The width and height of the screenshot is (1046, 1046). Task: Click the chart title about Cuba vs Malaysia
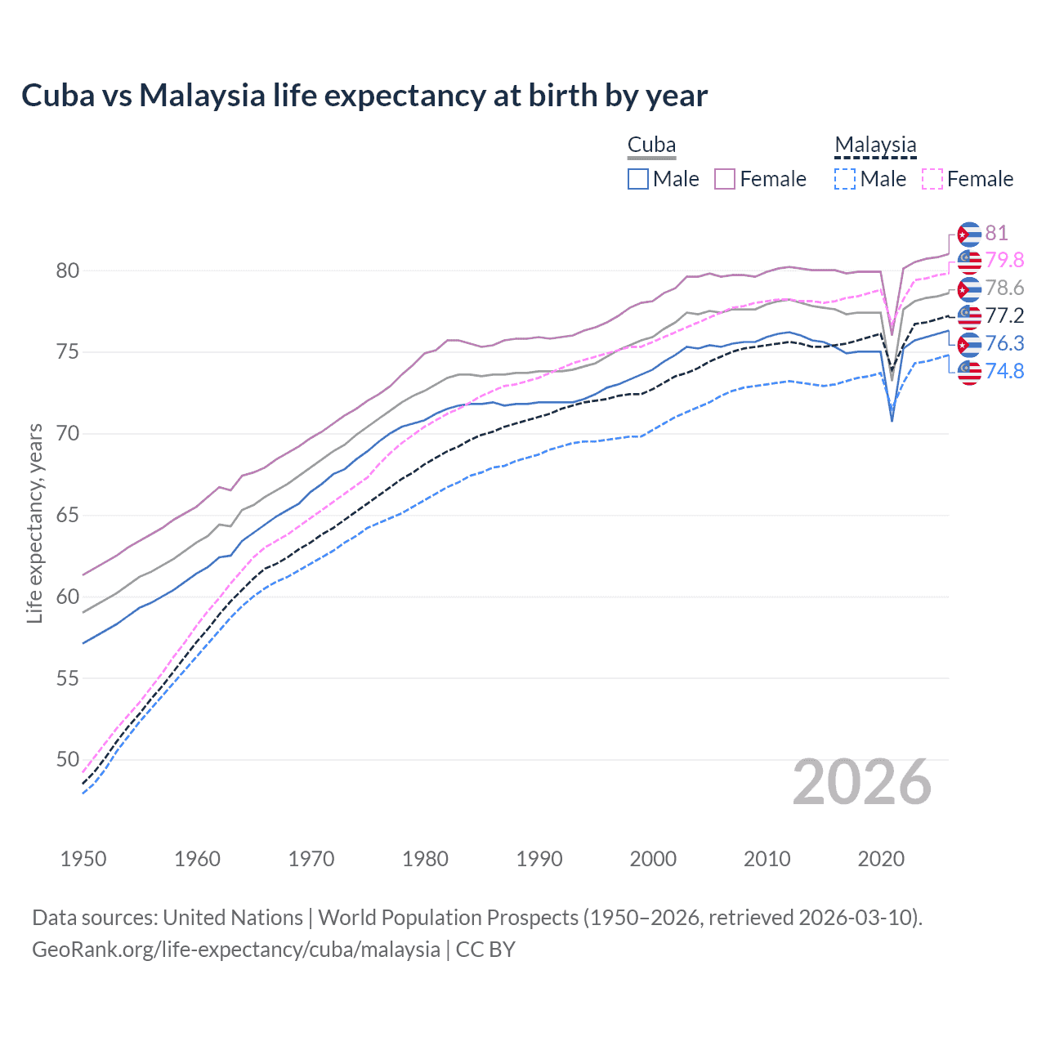pos(364,96)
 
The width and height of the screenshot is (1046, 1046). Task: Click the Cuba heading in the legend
pos(651,145)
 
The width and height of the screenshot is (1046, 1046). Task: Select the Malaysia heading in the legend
pos(875,145)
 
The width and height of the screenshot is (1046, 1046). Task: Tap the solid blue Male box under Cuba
pos(638,179)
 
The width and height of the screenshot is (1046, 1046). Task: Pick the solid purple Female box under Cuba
pos(725,179)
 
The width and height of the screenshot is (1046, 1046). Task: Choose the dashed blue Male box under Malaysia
pos(845,179)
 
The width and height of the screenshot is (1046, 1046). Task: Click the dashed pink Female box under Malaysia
pos(932,179)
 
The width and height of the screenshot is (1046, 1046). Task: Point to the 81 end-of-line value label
pos(996,234)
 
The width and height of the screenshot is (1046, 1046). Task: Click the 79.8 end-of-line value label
pos(1004,260)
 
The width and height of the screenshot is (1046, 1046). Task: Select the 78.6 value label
pos(1004,288)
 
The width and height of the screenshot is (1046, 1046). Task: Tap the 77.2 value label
pos(1004,315)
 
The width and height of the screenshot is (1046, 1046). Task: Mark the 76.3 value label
pos(1004,343)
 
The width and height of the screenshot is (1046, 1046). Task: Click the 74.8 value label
pos(1004,371)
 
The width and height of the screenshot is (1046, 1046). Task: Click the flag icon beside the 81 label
pos(969,234)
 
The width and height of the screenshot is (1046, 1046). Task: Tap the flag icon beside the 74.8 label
pos(969,372)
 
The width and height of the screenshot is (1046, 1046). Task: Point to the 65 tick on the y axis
pos(68,515)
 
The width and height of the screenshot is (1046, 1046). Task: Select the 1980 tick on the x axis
pos(425,859)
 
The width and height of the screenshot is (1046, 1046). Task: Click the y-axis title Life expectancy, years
pos(34,523)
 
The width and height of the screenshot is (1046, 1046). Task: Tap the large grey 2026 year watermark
pos(861,782)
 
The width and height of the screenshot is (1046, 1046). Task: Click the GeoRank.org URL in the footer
pos(236,950)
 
